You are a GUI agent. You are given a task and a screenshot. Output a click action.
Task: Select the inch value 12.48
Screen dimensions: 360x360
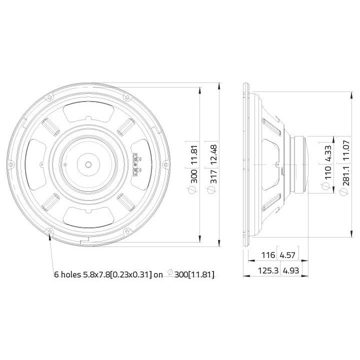[x=213, y=153]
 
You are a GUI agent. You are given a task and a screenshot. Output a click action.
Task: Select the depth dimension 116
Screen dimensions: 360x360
[x=268, y=255]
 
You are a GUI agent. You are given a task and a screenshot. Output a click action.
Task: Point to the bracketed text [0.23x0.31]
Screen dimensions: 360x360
[x=130, y=274]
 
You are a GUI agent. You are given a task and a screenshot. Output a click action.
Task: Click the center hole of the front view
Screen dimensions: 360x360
[x=88, y=164]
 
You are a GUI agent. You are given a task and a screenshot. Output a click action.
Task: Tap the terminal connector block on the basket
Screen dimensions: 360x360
[x=136, y=165]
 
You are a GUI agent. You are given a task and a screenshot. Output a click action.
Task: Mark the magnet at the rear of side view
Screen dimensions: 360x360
[x=303, y=164]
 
